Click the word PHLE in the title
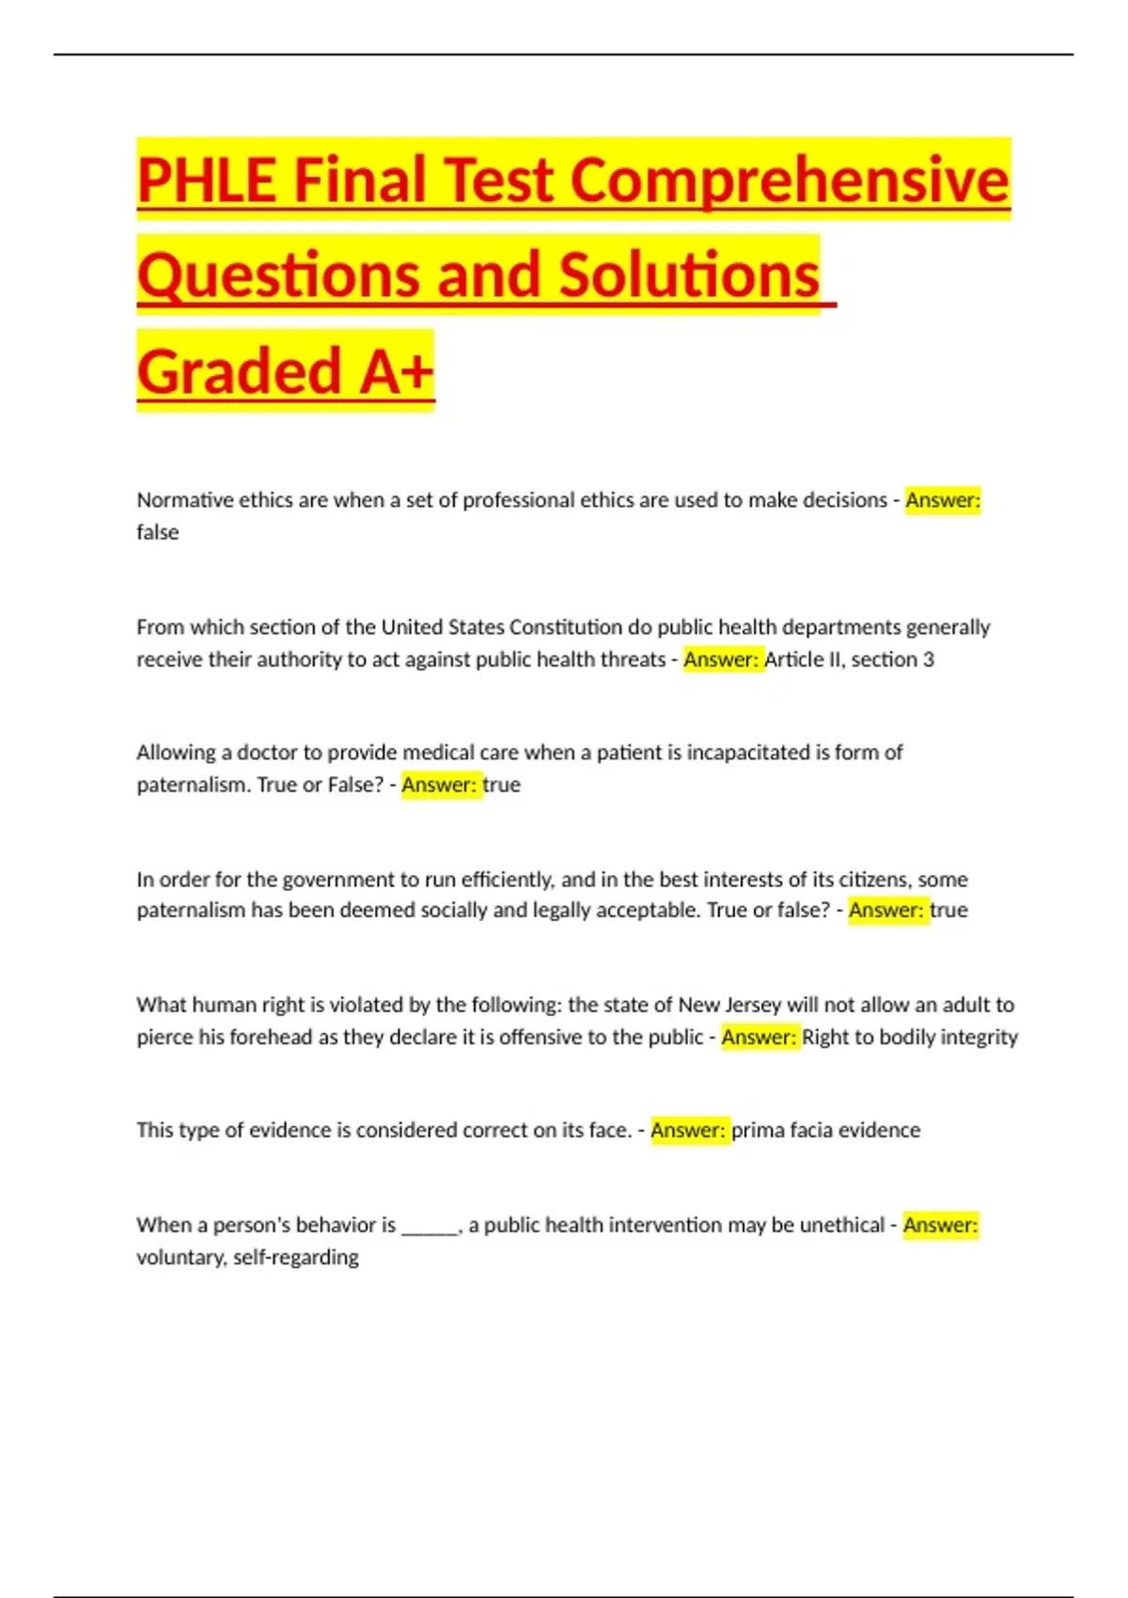pyautogui.click(x=207, y=180)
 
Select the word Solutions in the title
pyautogui.click(x=689, y=275)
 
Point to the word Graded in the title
pyautogui.click(x=239, y=371)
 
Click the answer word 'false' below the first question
pyautogui.click(x=157, y=532)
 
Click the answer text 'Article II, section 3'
pyautogui.click(x=850, y=659)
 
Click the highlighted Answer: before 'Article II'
pyautogui.click(x=721, y=659)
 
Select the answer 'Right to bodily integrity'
pyautogui.click(x=910, y=1037)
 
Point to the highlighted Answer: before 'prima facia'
pyautogui.click(x=688, y=1130)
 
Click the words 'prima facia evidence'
pyautogui.click(x=826, y=1130)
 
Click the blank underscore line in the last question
pyautogui.click(x=430, y=1227)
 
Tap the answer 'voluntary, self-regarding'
pyautogui.click(x=247, y=1257)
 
